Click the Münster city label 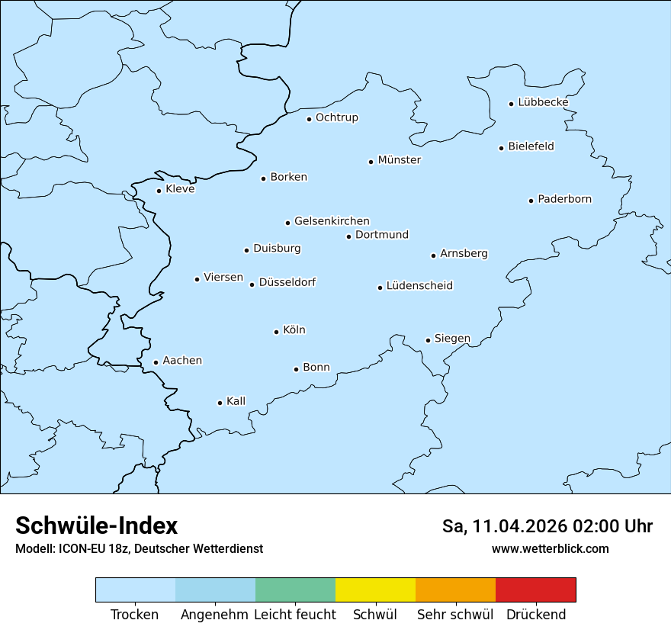click(x=400, y=160)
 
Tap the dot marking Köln click(x=277, y=332)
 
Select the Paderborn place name click(x=564, y=199)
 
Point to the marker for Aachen click(x=156, y=363)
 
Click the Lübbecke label click(x=543, y=102)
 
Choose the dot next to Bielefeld click(x=502, y=148)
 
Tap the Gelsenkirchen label click(x=332, y=221)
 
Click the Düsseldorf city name click(x=287, y=282)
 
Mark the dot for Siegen click(x=429, y=340)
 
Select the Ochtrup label click(x=336, y=117)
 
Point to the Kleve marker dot click(x=159, y=191)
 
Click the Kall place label click(x=236, y=401)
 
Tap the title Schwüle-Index click(x=96, y=525)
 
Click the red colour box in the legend click(x=535, y=590)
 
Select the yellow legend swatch click(x=375, y=590)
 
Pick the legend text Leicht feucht click(x=294, y=615)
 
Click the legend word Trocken click(x=135, y=615)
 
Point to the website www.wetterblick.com click(x=550, y=548)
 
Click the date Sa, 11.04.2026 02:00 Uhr click(x=547, y=526)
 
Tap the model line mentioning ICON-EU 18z click(x=139, y=548)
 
